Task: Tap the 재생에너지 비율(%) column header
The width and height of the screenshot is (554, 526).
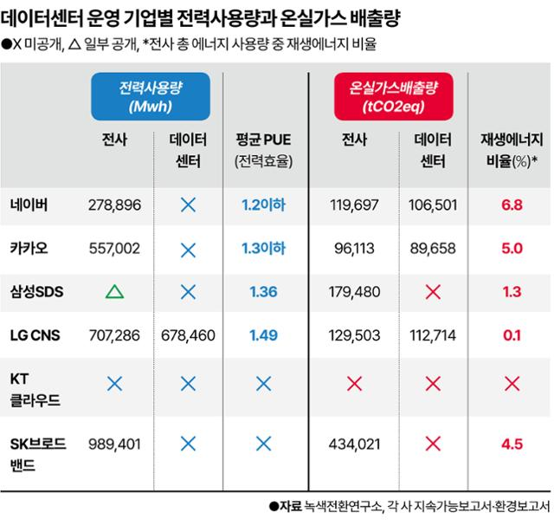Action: click(x=511, y=150)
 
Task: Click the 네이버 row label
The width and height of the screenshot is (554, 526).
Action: click(x=29, y=205)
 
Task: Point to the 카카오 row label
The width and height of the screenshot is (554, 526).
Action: click(x=29, y=248)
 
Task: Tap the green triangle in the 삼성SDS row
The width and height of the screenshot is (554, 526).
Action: click(x=113, y=291)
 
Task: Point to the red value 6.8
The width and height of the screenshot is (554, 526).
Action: click(x=511, y=205)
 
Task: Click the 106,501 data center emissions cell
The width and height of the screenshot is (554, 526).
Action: click(x=429, y=205)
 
